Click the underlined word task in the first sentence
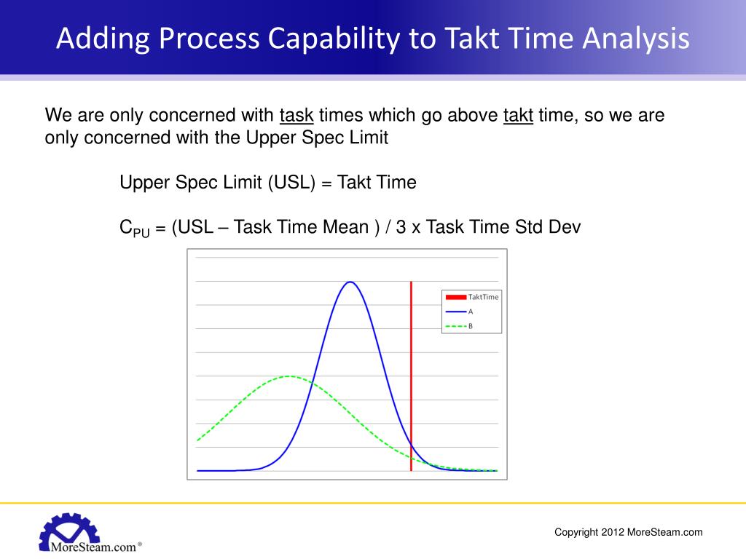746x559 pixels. tap(297, 116)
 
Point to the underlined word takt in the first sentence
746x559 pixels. tap(518, 116)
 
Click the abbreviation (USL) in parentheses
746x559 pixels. tap(291, 183)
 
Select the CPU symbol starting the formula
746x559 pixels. tap(134, 229)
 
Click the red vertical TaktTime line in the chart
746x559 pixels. tap(411, 364)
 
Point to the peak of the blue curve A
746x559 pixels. tap(350, 282)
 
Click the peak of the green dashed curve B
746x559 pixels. tap(289, 376)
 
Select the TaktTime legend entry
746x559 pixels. tap(472, 297)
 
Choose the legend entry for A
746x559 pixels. tap(459, 311)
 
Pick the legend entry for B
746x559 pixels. tap(459, 326)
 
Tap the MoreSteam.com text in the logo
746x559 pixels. tap(93, 545)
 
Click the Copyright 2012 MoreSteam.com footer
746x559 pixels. tap(628, 532)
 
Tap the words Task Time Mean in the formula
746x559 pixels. tap(301, 227)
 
